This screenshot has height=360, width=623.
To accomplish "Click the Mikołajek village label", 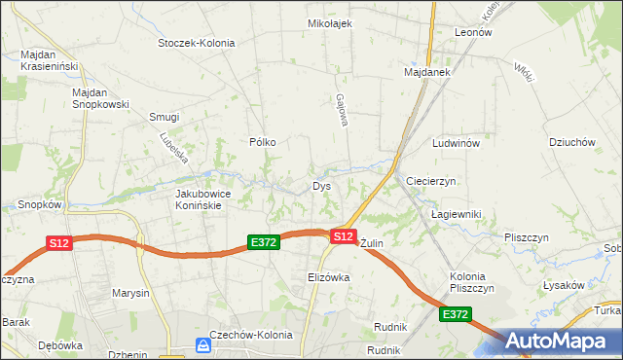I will [x=329, y=23].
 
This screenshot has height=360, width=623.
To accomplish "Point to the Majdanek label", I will [x=425, y=72].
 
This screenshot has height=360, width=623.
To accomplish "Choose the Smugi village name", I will [x=164, y=117].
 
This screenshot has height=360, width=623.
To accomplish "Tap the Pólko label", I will [x=263, y=142].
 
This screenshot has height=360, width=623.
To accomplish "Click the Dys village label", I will [x=322, y=186].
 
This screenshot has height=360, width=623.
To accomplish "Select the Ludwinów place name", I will [x=457, y=143].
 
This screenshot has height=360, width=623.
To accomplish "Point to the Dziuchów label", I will [x=571, y=142].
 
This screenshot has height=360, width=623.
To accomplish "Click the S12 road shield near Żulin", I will [x=343, y=236].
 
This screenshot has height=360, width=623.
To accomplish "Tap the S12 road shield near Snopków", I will [x=58, y=243].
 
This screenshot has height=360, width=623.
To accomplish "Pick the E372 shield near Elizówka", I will [x=264, y=242].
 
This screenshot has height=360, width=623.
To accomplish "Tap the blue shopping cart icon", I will [x=202, y=345].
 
